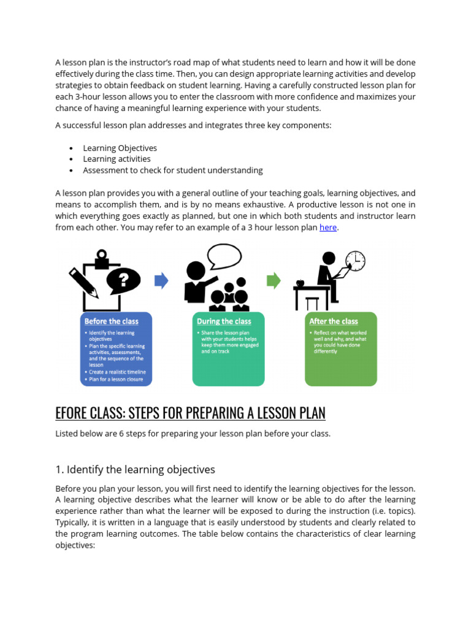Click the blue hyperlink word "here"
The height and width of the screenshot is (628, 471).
point(328,228)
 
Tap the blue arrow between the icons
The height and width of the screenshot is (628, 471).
point(161,281)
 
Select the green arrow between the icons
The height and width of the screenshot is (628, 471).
point(274,281)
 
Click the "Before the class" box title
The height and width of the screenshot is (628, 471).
point(112,321)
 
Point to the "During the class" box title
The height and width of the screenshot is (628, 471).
point(224,321)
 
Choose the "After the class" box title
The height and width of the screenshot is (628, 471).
point(334,321)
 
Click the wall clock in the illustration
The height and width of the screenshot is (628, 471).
point(356,261)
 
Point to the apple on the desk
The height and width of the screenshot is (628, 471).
point(301,283)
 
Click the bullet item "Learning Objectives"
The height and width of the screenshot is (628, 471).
point(120,148)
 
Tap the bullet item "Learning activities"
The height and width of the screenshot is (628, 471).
point(117,159)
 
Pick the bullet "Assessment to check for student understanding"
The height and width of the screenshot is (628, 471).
point(173,170)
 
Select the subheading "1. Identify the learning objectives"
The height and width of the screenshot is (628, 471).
point(136,470)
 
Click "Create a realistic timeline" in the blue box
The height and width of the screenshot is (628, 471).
point(118,372)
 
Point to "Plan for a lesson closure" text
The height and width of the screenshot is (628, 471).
point(117,380)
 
